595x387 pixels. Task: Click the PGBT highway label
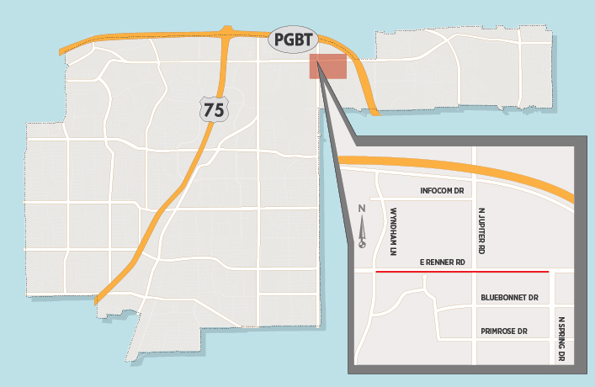click(294, 40)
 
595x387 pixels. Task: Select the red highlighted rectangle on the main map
click(327, 66)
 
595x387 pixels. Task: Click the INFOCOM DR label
click(443, 191)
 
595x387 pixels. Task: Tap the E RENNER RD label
click(443, 262)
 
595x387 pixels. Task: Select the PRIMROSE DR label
click(504, 331)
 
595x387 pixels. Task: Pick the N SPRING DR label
click(561, 340)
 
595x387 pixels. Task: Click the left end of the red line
click(375, 272)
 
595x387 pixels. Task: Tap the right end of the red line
click(548, 272)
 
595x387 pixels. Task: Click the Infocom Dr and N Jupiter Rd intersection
click(474, 199)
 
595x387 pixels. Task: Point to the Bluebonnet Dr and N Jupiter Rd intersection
click(474, 305)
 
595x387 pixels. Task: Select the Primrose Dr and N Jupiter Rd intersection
click(474, 338)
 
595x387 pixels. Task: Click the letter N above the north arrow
click(362, 209)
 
